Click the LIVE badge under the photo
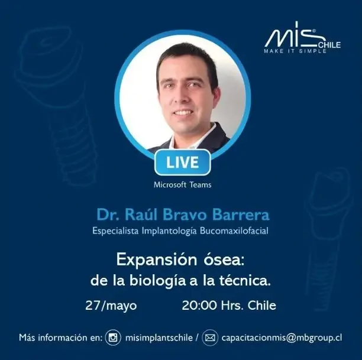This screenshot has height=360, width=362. [182, 162]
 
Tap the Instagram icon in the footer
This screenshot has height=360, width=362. [113, 338]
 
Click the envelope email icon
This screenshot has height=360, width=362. [210, 338]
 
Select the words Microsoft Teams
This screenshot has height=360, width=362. [182, 184]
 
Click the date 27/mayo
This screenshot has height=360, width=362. [111, 306]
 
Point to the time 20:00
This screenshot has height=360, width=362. [199, 305]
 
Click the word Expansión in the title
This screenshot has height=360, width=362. [157, 260]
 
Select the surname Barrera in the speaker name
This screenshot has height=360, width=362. [241, 215]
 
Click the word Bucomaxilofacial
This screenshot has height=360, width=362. [234, 231]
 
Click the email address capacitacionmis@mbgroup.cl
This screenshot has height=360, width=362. [282, 338]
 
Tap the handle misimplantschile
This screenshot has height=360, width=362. [159, 338]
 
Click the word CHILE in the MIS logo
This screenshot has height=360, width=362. [329, 45]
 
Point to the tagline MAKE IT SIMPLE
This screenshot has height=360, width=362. [295, 51]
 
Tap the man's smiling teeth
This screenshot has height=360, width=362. [183, 113]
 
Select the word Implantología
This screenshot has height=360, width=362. [169, 231]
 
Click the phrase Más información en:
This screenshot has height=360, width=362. [60, 338]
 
